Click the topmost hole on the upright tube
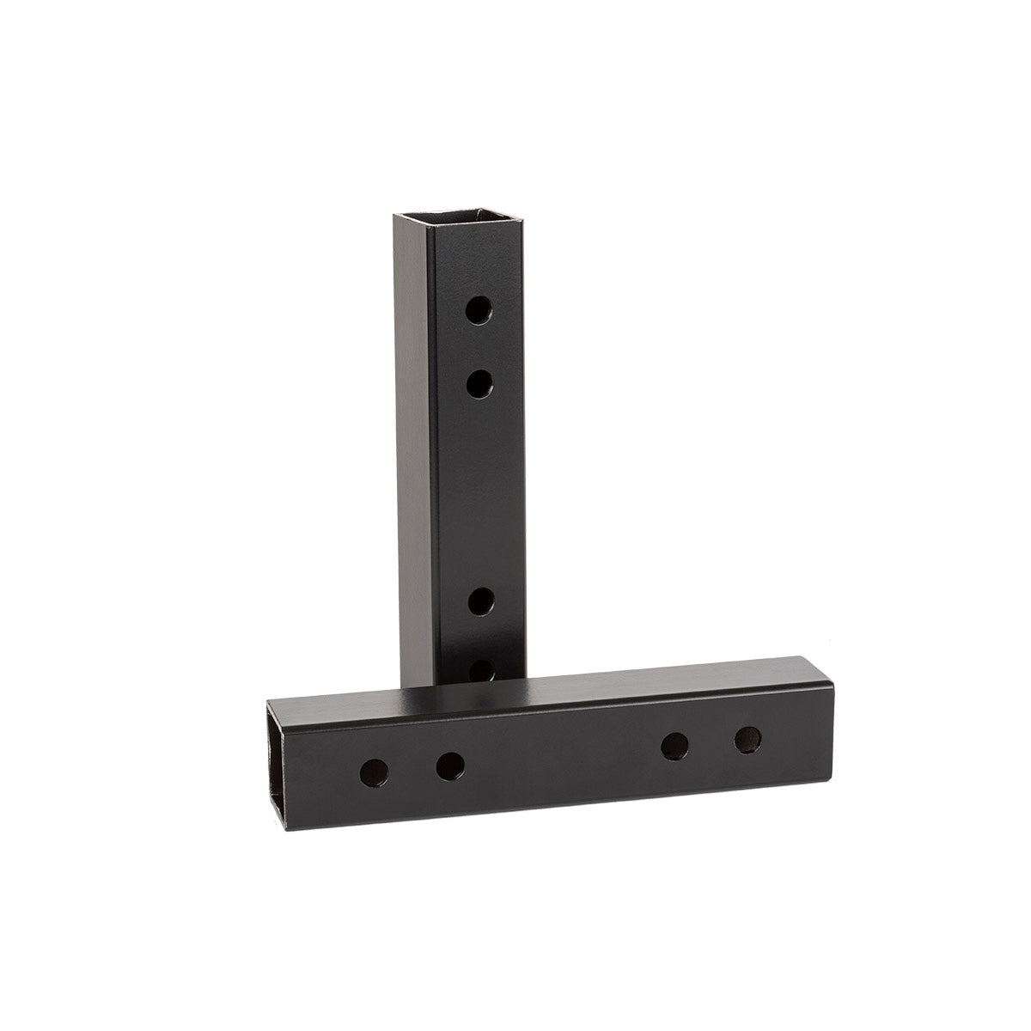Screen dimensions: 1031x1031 [479, 310]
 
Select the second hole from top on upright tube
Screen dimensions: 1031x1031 [479, 382]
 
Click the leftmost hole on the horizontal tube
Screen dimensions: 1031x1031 [374, 772]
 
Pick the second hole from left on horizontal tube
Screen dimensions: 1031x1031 [449, 764]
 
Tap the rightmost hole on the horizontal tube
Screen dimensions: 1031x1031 [748, 739]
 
